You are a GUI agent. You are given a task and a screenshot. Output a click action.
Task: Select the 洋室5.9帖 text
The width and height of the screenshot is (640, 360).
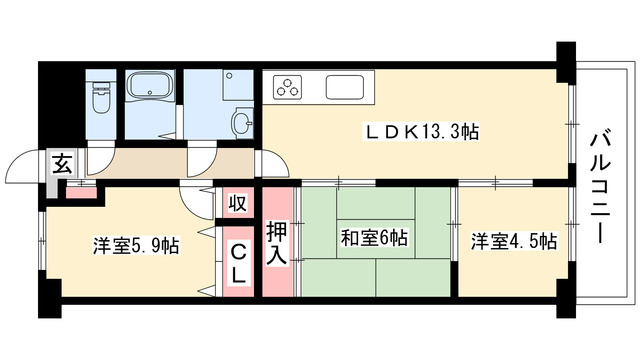click(136, 245)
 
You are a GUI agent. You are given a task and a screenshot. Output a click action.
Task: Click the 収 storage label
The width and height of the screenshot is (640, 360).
click(237, 204)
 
